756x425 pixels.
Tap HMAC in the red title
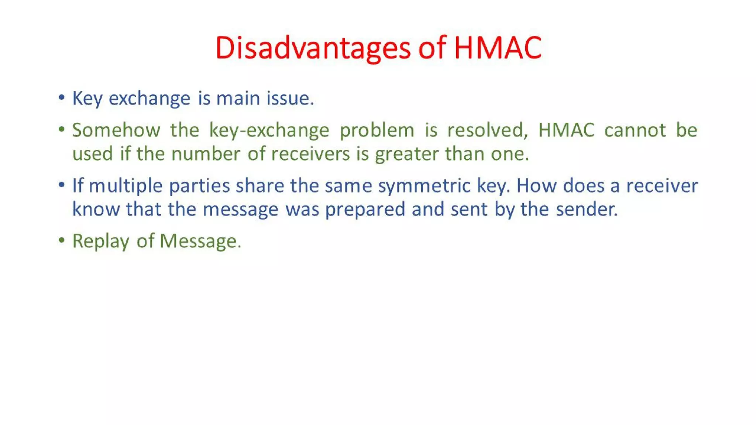coord(498,48)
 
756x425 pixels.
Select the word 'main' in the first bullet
coord(238,99)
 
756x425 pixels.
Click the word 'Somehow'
coord(116,130)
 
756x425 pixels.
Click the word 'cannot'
coord(635,130)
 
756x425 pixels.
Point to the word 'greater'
coord(407,155)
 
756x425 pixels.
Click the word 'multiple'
coord(126,186)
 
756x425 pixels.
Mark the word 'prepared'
coord(365,210)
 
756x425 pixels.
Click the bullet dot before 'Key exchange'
coord(62,98)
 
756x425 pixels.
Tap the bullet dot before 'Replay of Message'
coord(62,241)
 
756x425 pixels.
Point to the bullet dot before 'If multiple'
coord(62,185)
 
